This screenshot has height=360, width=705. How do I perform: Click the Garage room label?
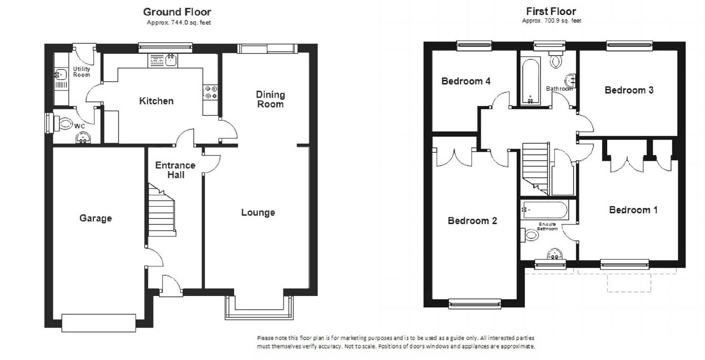pyautogui.click(x=95, y=218)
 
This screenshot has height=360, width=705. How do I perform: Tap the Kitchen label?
pyautogui.click(x=156, y=101)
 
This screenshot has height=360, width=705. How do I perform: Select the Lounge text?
pyautogui.click(x=258, y=212)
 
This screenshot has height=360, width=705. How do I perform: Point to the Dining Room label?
pyautogui.click(x=270, y=99)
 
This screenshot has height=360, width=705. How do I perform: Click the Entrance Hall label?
pyautogui.click(x=175, y=170)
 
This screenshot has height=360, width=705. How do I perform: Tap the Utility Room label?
pyautogui.click(x=82, y=72)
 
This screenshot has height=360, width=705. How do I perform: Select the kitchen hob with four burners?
pyautogui.click(x=211, y=92)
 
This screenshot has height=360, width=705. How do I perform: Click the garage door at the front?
pyautogui.click(x=99, y=323)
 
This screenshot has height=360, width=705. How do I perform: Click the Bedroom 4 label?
pyautogui.click(x=466, y=81)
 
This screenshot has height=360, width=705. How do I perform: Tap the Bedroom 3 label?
pyautogui.click(x=629, y=90)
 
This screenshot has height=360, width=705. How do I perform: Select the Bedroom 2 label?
pyautogui.click(x=472, y=221)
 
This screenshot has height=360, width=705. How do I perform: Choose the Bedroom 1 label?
pyautogui.click(x=633, y=210)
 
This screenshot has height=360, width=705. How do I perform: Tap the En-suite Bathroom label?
pyautogui.click(x=547, y=226)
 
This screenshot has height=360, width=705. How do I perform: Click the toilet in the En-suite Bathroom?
pyautogui.click(x=529, y=235)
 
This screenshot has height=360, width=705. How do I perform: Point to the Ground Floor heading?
pyautogui.click(x=177, y=12)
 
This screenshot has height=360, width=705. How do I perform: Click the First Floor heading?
pyautogui.click(x=551, y=11)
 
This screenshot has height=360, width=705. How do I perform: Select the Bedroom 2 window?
pyautogui.click(x=475, y=303)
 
